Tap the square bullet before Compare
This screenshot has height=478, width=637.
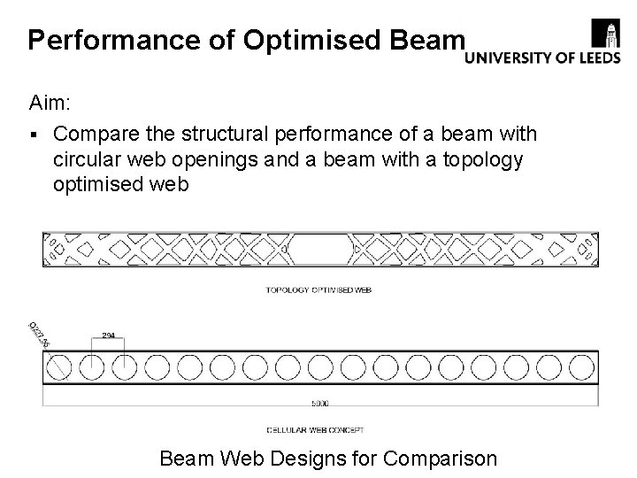(x=33, y=135)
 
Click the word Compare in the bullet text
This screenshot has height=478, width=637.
(x=102, y=134)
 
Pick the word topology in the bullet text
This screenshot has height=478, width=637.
(x=480, y=161)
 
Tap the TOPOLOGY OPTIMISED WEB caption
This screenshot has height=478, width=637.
(x=318, y=289)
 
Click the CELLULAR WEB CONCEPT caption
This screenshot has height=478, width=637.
(x=318, y=429)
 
